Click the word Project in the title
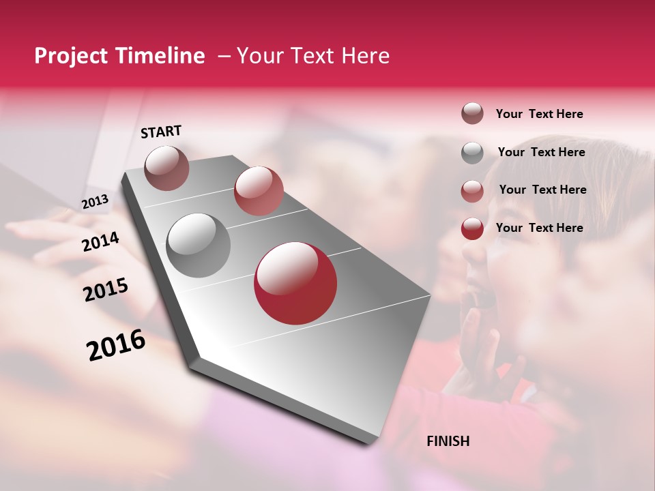(x=70, y=57)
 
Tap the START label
(x=161, y=132)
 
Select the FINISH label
(x=448, y=441)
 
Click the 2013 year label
(x=95, y=202)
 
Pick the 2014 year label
(x=100, y=241)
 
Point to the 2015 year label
(x=106, y=290)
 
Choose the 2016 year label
(x=116, y=345)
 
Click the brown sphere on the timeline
(x=167, y=168)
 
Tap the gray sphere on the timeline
(x=198, y=245)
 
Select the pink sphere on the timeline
(x=259, y=190)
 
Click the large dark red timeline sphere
(x=295, y=283)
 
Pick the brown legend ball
(x=472, y=114)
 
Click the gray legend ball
(x=472, y=153)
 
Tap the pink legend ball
(x=472, y=191)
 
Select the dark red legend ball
(x=472, y=228)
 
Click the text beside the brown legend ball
(x=539, y=114)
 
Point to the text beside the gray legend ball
(x=541, y=152)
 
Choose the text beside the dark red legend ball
(x=539, y=228)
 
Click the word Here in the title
(x=365, y=56)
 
